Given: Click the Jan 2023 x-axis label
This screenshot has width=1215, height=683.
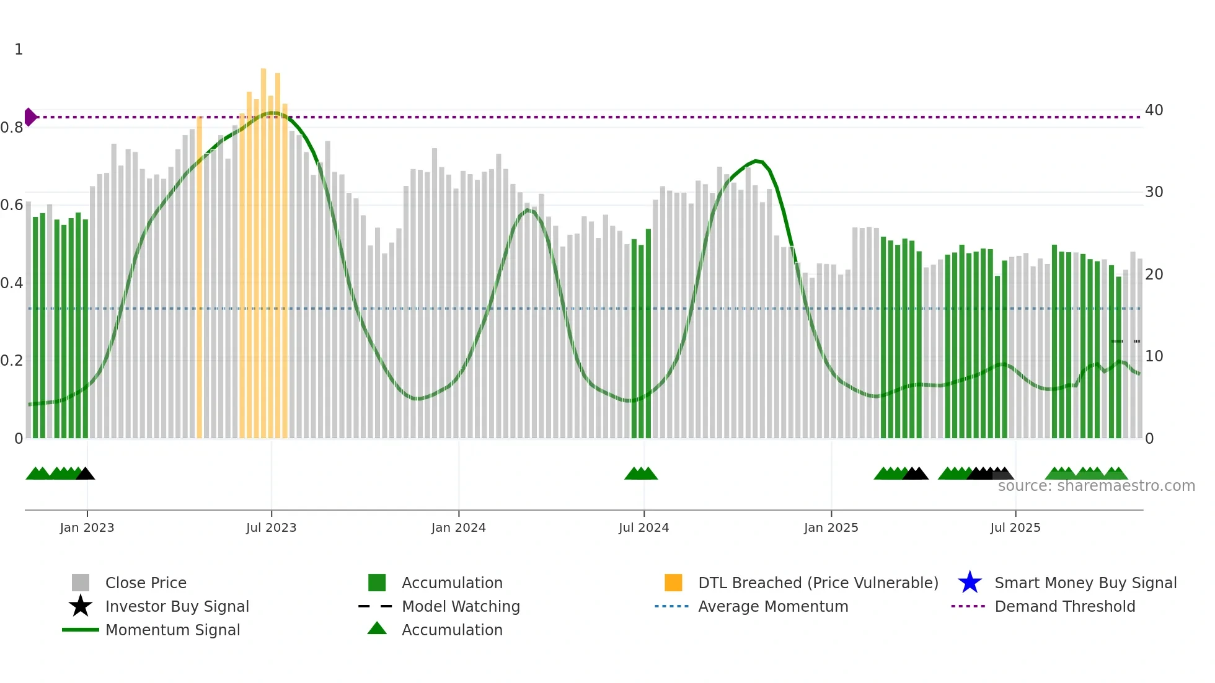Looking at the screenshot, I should (87, 527).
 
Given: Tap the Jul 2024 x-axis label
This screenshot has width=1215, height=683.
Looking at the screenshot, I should (643, 527).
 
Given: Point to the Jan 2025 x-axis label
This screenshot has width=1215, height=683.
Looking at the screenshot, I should (831, 527).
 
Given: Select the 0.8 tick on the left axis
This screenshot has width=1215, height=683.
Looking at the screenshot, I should (12, 128).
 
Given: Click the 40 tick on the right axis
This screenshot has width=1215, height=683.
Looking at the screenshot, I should (1154, 110).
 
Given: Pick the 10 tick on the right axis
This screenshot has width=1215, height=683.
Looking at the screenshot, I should (1154, 356).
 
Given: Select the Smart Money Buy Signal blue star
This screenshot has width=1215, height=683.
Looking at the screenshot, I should (970, 583).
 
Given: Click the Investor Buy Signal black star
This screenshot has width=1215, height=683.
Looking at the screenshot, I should (81, 606).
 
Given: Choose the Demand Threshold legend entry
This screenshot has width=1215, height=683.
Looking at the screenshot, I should (1064, 606).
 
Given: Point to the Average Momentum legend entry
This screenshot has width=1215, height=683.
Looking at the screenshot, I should (772, 606).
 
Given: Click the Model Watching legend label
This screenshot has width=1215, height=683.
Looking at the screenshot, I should (461, 606).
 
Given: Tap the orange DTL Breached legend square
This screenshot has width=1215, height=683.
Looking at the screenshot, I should (673, 583).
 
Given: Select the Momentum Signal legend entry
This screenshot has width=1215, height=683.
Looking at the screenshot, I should (172, 630).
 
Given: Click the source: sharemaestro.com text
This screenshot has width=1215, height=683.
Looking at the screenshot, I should (1096, 486).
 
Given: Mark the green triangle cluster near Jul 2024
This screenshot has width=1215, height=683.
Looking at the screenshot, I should (641, 474).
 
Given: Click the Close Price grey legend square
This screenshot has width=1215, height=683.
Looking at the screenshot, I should (81, 583).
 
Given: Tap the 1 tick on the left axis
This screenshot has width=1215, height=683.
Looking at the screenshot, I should (19, 50).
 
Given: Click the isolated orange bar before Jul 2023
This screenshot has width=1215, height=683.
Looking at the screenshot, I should (199, 279).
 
